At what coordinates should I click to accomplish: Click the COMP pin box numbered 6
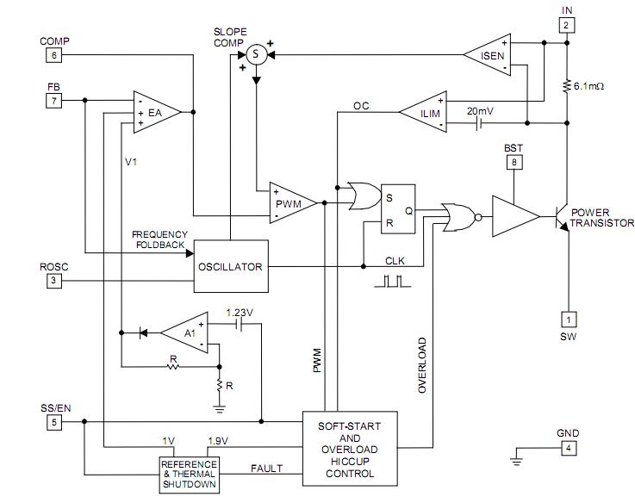coord(53,56)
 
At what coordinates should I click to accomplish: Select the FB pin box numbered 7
coord(53,102)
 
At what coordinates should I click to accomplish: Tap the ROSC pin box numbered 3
coord(53,281)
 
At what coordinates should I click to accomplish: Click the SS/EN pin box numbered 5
coord(53,422)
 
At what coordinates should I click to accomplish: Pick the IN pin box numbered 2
coord(566,25)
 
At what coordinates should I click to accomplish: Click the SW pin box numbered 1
coord(568,318)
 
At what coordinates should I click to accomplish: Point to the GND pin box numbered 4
coord(567,448)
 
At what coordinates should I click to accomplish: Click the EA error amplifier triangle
coord(154,113)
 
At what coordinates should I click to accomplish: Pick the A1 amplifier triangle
coord(187,331)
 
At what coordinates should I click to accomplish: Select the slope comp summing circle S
coord(256,55)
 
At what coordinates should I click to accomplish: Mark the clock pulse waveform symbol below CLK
coord(395,281)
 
